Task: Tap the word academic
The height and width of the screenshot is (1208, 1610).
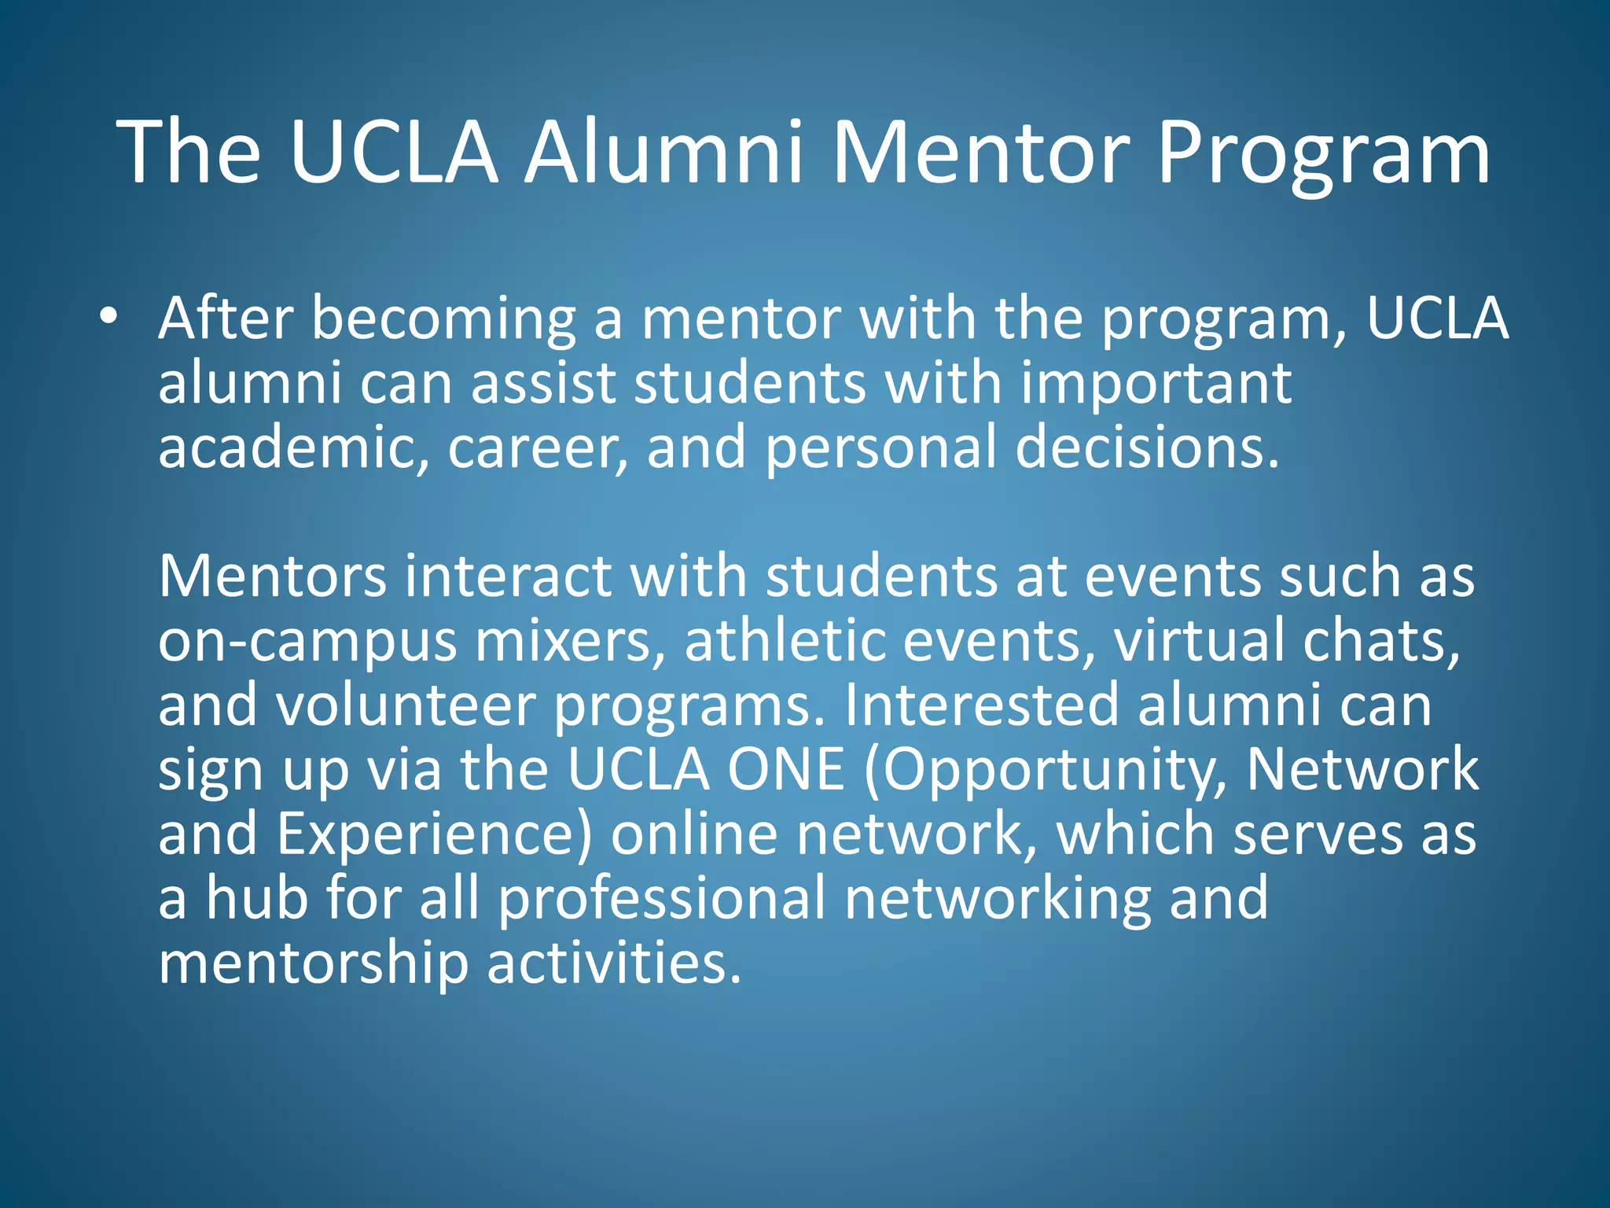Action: point(293,447)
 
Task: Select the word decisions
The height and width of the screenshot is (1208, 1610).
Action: point(1147,447)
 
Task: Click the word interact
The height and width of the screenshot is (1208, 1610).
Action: point(508,576)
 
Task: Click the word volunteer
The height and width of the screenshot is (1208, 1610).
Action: point(405,705)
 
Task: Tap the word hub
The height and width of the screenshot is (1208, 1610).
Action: point(256,898)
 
